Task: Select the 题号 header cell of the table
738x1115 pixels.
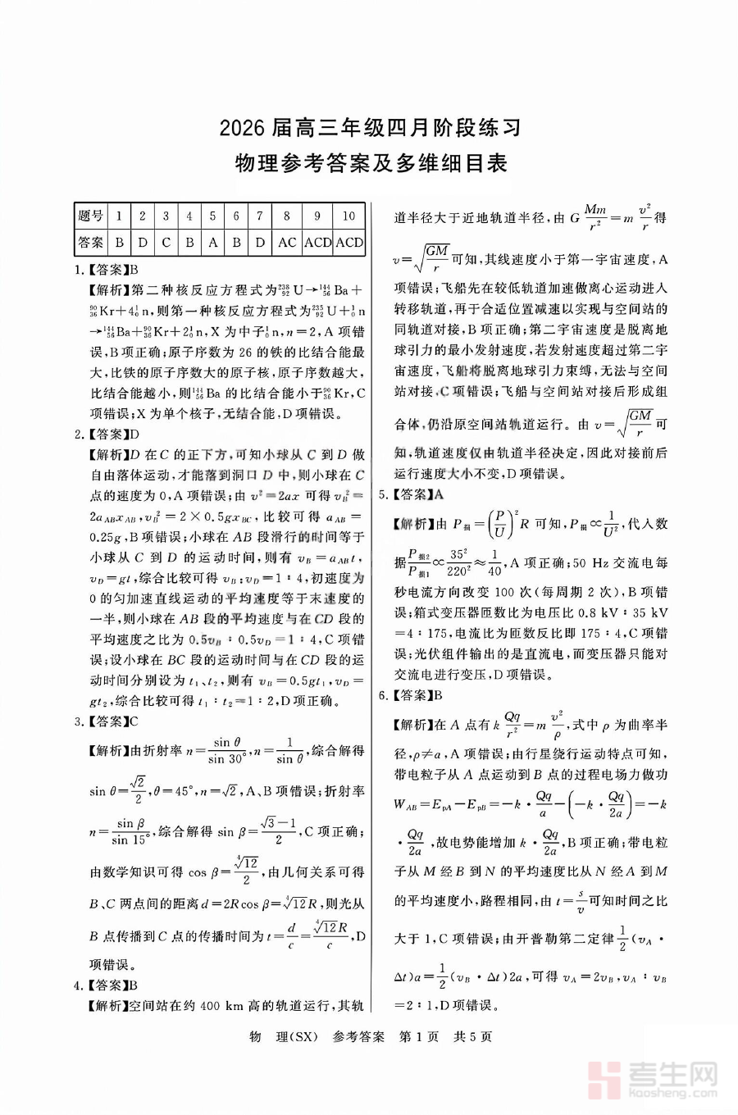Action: pyautogui.click(x=91, y=216)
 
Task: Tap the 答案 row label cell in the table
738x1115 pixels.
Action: pyautogui.click(x=91, y=243)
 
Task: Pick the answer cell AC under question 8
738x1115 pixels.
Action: pyautogui.click(x=287, y=243)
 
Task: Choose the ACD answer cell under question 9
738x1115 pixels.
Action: pyautogui.click(x=317, y=243)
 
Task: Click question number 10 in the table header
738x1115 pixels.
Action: pyautogui.click(x=348, y=216)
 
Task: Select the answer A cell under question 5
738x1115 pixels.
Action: pyautogui.click(x=212, y=243)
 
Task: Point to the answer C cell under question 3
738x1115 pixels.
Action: pyautogui.click(x=166, y=243)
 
